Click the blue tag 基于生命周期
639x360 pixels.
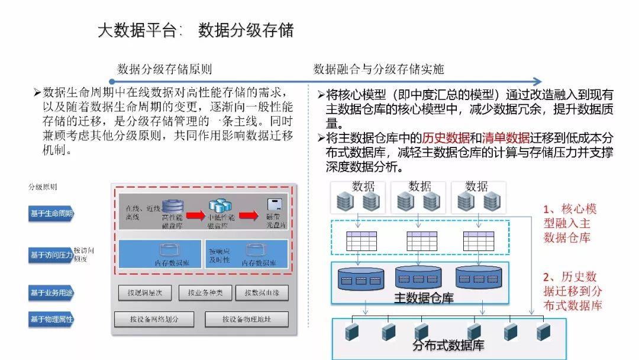(51, 214)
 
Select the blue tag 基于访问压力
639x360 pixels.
(51, 255)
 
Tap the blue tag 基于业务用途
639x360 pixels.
(51, 292)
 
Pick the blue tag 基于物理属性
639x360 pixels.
(51, 320)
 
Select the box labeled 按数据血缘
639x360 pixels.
(261, 292)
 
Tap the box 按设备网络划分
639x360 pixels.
(154, 320)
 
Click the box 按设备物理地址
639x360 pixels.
(246, 320)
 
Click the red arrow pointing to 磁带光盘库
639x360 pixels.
(248, 214)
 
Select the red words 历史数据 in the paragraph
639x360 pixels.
(446, 138)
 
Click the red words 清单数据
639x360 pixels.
(506, 138)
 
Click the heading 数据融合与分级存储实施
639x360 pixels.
(379, 69)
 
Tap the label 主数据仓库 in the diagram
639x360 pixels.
(424, 298)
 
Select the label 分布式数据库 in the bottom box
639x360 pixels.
(448, 345)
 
